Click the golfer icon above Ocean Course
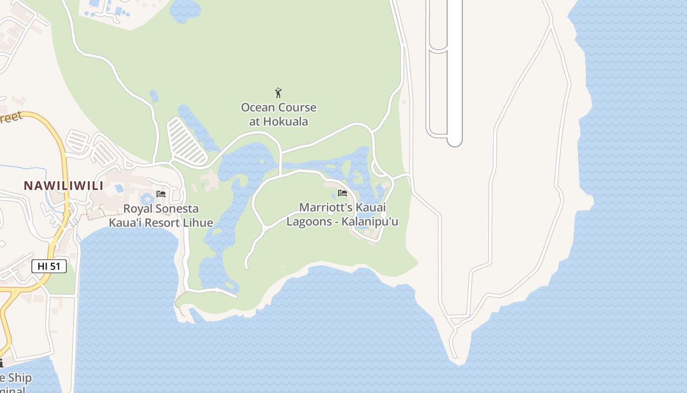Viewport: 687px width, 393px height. (278, 92)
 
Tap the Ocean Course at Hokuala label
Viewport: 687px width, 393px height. (278, 114)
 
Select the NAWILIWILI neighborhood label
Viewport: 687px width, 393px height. (64, 186)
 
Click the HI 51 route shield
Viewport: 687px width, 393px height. (49, 266)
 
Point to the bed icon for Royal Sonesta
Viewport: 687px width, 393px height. (161, 194)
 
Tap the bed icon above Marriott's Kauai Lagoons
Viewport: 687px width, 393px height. (343, 193)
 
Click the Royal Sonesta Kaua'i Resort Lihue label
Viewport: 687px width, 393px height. (161, 216)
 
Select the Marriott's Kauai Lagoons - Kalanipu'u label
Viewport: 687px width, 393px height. (343, 215)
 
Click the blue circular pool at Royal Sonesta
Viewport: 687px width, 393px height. (147, 199)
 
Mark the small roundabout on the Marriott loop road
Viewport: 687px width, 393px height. (264, 228)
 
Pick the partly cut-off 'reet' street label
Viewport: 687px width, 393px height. (11, 118)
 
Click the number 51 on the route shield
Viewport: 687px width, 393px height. (55, 266)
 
